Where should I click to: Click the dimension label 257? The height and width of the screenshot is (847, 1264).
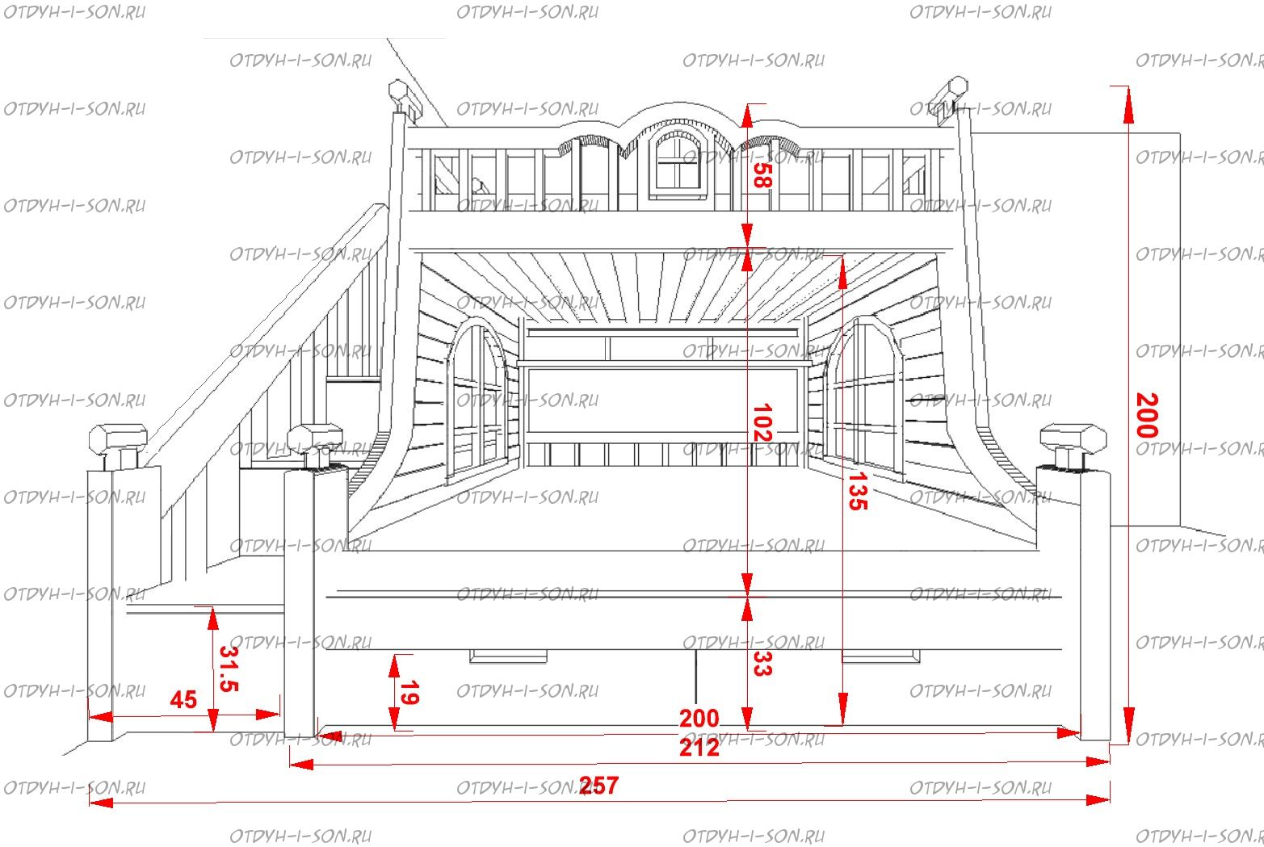(x=598, y=786)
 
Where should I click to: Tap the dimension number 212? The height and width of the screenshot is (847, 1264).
(x=699, y=748)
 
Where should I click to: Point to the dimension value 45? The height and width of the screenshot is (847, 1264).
(x=183, y=700)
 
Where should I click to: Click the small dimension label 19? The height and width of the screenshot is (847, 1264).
(x=409, y=693)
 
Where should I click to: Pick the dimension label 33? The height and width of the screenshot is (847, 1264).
(x=762, y=664)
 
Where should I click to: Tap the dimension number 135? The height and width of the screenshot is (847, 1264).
(x=858, y=492)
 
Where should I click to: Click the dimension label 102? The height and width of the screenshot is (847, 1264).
(x=762, y=422)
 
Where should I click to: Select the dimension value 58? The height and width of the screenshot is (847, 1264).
(x=762, y=175)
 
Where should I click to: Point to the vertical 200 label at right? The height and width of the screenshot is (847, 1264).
(x=1147, y=415)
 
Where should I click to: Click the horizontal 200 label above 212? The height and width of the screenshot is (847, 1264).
(x=699, y=719)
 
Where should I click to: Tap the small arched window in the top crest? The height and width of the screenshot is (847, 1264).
(x=678, y=161)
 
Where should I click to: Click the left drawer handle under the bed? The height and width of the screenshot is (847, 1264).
(x=508, y=656)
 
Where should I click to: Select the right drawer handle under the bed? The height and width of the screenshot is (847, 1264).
(x=881, y=656)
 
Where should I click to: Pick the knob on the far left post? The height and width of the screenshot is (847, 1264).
(x=118, y=445)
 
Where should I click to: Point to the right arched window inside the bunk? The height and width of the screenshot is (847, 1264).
(x=864, y=398)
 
